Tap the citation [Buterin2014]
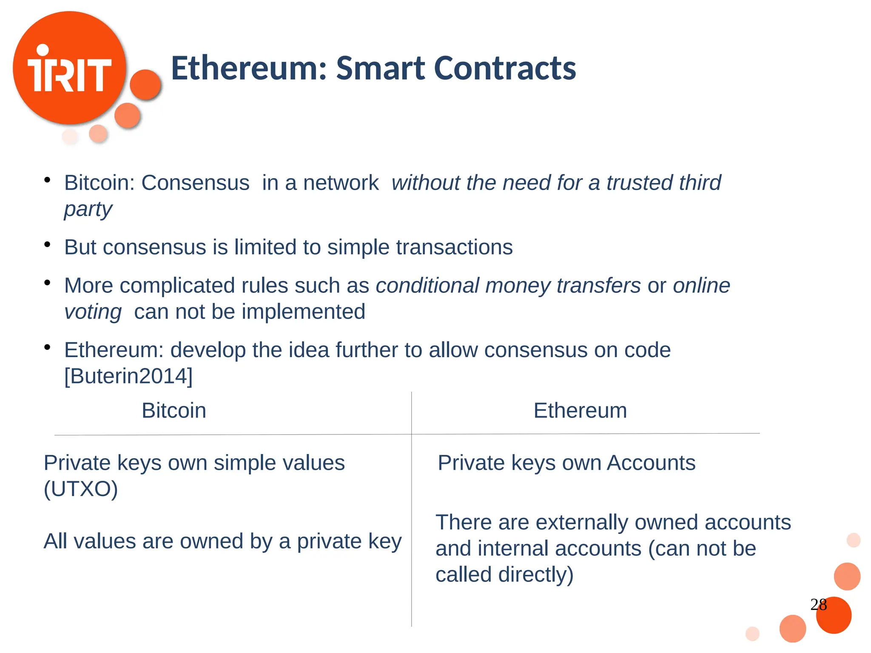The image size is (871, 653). click(128, 376)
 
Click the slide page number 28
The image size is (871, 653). click(818, 605)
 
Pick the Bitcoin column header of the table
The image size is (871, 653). click(174, 411)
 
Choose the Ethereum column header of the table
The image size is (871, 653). click(580, 411)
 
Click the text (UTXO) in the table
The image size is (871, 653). click(81, 489)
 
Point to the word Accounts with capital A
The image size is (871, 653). click(651, 463)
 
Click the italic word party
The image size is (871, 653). click(88, 209)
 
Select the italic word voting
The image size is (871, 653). click(93, 312)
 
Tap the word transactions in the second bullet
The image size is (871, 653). click(454, 247)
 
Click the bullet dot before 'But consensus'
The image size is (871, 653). click(47, 244)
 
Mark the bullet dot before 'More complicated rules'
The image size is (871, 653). click(47, 283)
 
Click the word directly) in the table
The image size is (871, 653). click(536, 575)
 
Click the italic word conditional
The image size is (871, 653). click(427, 286)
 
